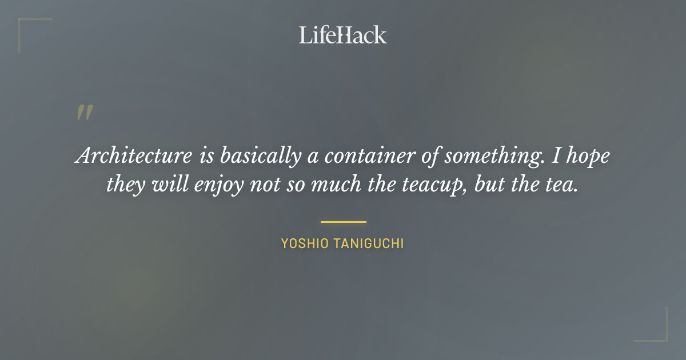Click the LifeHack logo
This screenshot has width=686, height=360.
pyautogui.click(x=342, y=35)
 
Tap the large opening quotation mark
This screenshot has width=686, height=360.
pyautogui.click(x=84, y=113)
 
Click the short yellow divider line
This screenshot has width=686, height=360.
pyautogui.click(x=343, y=222)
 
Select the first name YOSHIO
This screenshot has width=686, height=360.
pyautogui.click(x=306, y=244)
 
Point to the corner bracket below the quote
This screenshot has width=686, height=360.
pyautogui.click(x=657, y=331)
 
